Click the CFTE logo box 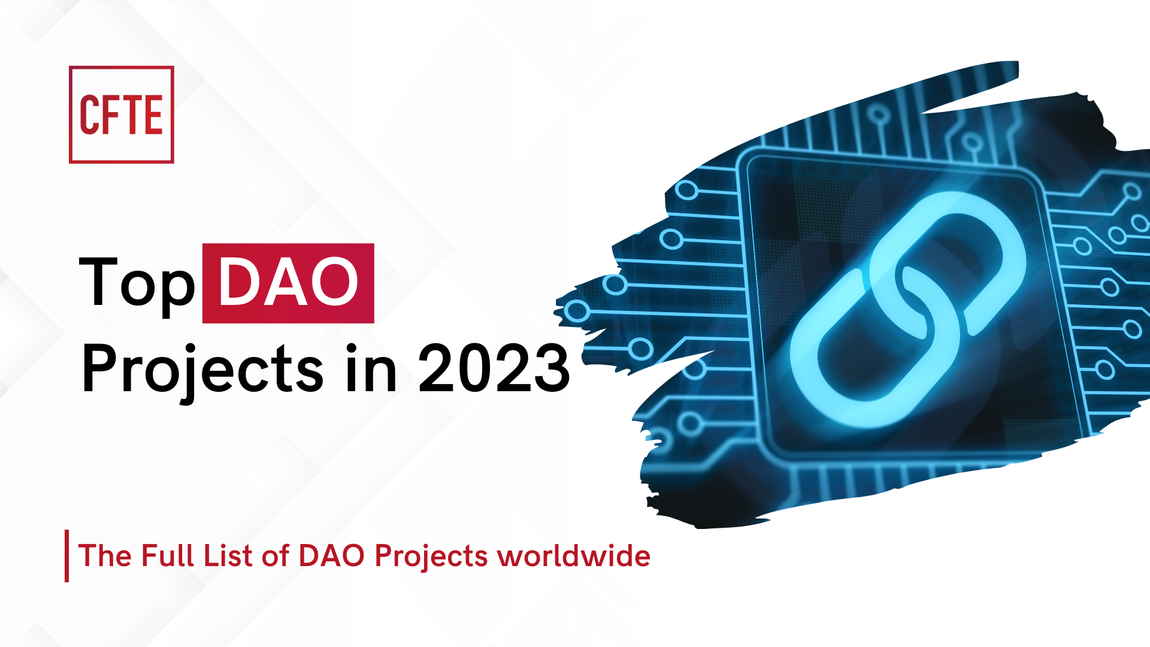tap(122, 114)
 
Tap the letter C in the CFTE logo tap(89, 114)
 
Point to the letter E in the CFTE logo tap(153, 114)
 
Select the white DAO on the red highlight tap(288, 283)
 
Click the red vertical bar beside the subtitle tap(66, 555)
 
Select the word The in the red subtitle tap(105, 555)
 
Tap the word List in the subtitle tap(228, 555)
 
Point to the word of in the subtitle tap(276, 555)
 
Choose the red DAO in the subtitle tap(331, 555)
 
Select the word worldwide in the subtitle tap(574, 555)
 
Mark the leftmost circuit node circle tap(577, 311)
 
